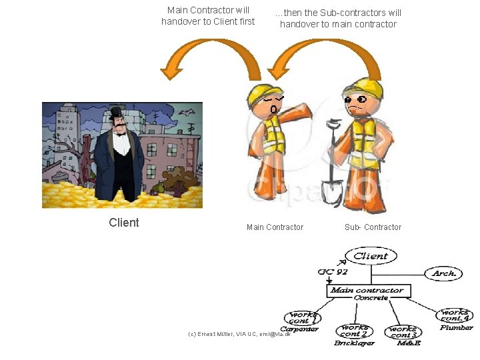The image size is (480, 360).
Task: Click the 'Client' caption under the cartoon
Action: [x=124, y=223]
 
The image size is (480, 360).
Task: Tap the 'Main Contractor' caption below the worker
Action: [x=275, y=227]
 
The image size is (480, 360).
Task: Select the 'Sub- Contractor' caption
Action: [x=373, y=227]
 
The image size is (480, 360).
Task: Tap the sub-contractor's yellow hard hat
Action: [x=363, y=87]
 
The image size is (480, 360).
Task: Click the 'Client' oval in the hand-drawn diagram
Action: [x=371, y=256]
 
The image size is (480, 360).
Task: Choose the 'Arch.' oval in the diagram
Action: [x=444, y=273]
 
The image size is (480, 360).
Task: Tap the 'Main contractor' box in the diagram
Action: [x=369, y=291]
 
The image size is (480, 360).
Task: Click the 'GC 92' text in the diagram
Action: [x=333, y=271]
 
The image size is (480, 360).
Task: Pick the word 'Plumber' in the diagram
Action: [x=457, y=327]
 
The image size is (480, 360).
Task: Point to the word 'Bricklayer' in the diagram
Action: [x=354, y=343]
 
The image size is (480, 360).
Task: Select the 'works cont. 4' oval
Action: [x=455, y=315]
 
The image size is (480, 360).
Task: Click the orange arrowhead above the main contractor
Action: [x=275, y=72]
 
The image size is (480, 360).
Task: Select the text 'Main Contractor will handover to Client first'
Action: [x=208, y=16]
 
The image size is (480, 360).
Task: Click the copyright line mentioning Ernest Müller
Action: [x=239, y=333]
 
